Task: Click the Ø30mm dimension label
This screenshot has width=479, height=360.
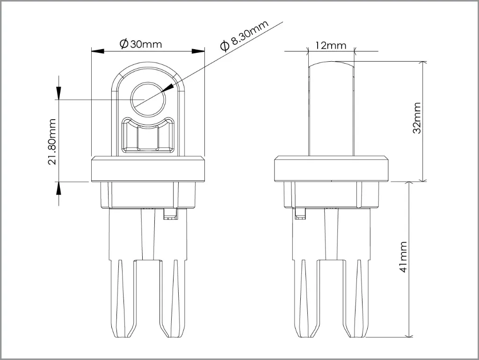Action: coord(140,44)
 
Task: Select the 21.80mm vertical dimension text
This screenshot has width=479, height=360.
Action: coord(52,142)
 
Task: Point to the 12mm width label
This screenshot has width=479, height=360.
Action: coord(331,45)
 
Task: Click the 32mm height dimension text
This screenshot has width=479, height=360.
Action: coord(417,118)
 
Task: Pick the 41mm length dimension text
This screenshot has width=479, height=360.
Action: coord(403,257)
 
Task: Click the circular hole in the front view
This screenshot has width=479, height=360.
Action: coord(148,99)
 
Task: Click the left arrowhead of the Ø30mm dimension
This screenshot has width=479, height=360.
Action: coord(98,51)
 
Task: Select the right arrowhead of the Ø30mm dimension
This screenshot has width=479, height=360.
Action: coord(198,51)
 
